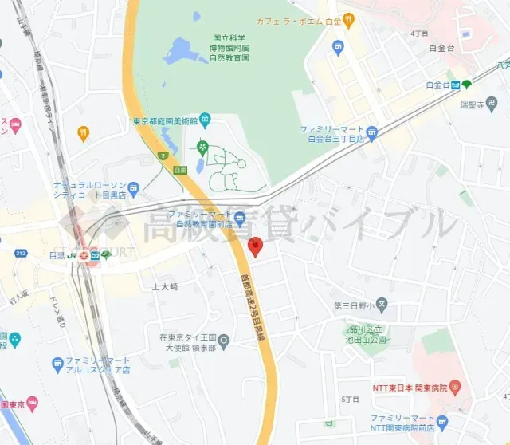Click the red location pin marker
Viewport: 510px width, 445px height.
click(x=255, y=246)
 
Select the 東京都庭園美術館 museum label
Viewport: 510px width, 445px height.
click(x=165, y=122)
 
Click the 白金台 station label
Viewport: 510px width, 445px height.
click(x=438, y=85)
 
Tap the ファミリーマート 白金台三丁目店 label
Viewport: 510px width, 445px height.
click(x=331, y=133)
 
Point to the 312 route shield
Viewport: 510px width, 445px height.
click(x=22, y=253)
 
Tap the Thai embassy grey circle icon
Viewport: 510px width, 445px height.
click(x=224, y=342)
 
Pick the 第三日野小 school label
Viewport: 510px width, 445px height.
click(x=354, y=305)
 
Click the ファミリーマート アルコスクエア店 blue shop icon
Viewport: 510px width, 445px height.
click(x=57, y=364)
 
